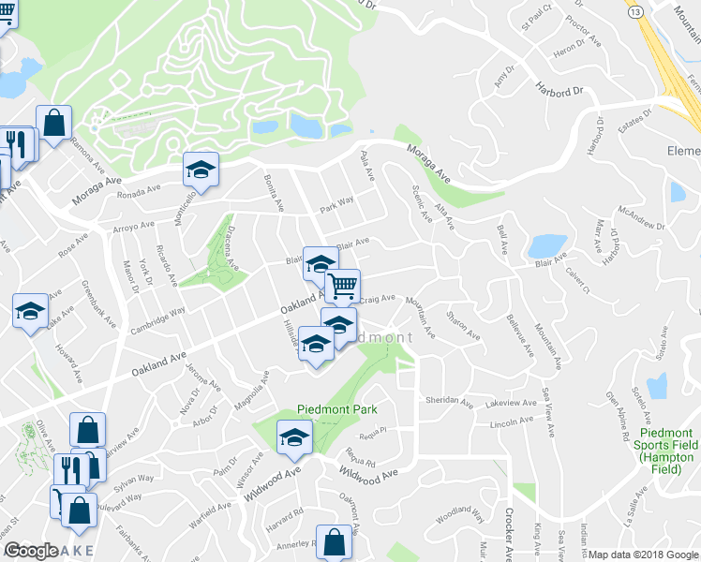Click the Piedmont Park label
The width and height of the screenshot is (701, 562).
[x=336, y=409]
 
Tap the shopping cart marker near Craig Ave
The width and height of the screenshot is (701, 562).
[x=343, y=285]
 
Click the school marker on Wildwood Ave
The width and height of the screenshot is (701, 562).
[x=294, y=436]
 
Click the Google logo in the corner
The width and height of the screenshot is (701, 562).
[x=31, y=550]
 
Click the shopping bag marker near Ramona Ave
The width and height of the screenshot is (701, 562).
[x=54, y=122]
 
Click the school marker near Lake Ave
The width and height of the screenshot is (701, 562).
[x=31, y=310]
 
